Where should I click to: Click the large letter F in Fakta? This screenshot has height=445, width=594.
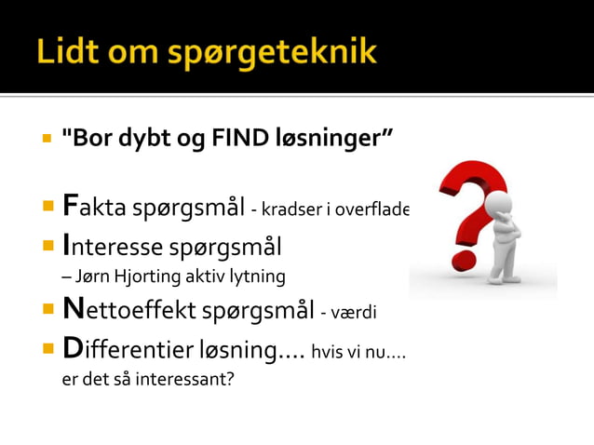click(x=70, y=205)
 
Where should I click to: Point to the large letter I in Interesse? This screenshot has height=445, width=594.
click(x=66, y=246)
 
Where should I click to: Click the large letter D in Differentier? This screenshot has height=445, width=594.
click(x=73, y=350)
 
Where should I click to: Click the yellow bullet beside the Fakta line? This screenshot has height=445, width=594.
click(x=46, y=206)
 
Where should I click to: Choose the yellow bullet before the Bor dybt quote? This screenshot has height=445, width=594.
click(x=46, y=140)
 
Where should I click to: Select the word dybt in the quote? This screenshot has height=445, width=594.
click(x=147, y=140)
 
